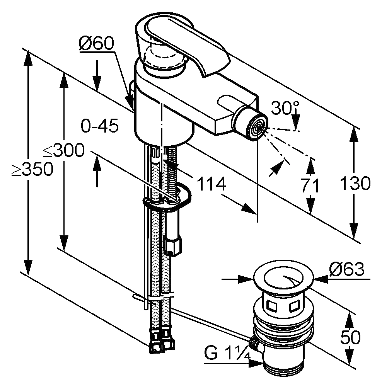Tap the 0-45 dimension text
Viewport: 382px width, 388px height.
pos(100,126)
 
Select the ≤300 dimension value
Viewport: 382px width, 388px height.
pos(64,150)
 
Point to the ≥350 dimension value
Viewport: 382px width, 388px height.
pos(32,169)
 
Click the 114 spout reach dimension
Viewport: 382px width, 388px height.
pos(211,184)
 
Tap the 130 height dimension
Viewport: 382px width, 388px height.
pos(355,183)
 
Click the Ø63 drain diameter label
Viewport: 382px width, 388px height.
pos(347,269)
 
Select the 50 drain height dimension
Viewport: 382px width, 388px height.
pos(350,337)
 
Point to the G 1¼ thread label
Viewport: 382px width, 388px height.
pos(227,353)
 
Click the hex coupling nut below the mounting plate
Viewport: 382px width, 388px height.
pos(172,245)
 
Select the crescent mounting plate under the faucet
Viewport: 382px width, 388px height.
pos(167,198)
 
